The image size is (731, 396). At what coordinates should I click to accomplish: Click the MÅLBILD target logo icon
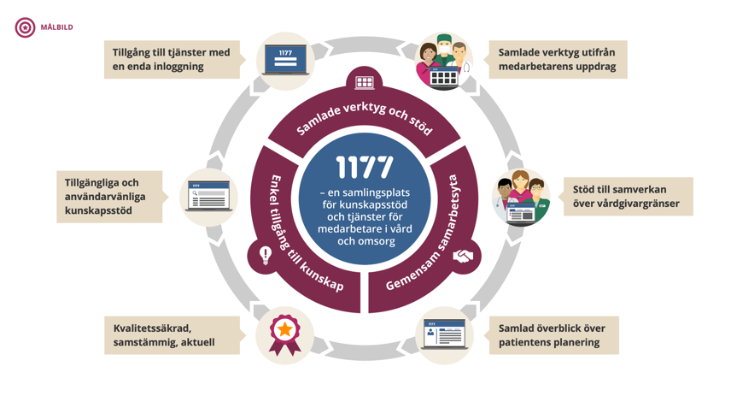[25, 27]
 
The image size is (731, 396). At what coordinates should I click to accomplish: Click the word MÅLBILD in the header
[57, 27]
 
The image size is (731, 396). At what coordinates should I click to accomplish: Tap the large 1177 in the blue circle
[365, 167]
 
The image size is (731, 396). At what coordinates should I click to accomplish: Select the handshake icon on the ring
[463, 256]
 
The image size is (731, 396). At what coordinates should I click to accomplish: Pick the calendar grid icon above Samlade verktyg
[365, 83]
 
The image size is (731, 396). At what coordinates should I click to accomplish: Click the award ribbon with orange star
[284, 333]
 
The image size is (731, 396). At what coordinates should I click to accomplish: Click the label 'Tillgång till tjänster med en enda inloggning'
[172, 59]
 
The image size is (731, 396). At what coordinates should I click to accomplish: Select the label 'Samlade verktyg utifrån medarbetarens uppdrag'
[557, 59]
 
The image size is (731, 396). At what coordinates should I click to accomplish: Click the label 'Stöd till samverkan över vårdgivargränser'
[627, 197]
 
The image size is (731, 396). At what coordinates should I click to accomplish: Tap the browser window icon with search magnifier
[209, 198]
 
